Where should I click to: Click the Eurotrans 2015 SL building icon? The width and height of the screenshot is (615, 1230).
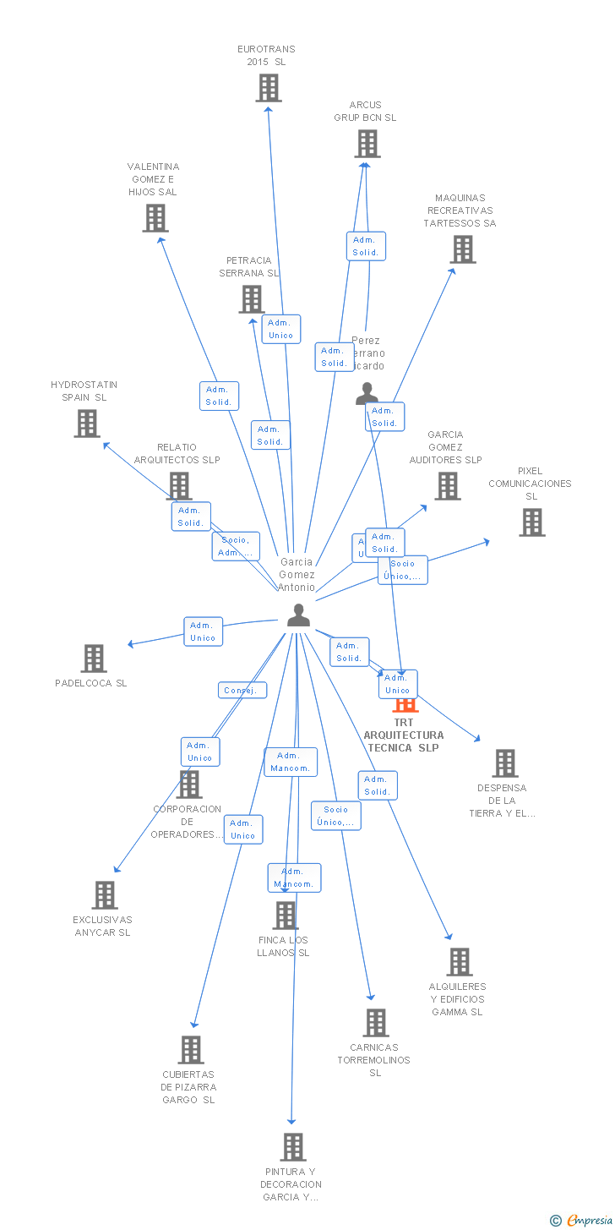point(269,88)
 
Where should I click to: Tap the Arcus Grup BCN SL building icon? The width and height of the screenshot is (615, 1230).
point(367,144)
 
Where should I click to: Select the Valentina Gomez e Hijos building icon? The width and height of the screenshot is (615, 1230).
point(155,218)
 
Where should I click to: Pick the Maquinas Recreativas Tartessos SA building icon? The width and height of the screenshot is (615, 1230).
point(463,249)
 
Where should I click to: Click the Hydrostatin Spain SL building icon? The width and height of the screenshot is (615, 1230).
point(87,424)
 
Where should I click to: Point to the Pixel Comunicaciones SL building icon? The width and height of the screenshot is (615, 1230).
point(532,522)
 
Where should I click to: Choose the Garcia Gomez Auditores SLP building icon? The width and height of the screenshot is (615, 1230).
point(448,486)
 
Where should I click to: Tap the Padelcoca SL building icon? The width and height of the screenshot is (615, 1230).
point(94,659)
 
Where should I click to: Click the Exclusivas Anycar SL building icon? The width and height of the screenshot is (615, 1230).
point(105,895)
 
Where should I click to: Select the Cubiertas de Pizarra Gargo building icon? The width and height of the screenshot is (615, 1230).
point(191,1050)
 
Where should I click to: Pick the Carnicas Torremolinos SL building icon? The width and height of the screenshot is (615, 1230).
point(376,1023)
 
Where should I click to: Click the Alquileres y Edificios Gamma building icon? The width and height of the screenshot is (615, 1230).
point(460,962)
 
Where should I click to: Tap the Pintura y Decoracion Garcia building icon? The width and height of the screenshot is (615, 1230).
point(293,1147)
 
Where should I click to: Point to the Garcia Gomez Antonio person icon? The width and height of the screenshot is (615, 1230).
point(298,615)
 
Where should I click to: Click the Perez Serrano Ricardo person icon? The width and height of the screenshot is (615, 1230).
point(367,394)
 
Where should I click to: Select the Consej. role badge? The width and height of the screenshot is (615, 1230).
point(242,691)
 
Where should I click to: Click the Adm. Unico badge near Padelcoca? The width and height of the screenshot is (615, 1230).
point(204,631)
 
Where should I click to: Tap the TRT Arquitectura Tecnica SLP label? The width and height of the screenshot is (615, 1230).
point(404,735)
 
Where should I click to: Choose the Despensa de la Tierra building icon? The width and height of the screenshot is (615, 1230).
point(505,763)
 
